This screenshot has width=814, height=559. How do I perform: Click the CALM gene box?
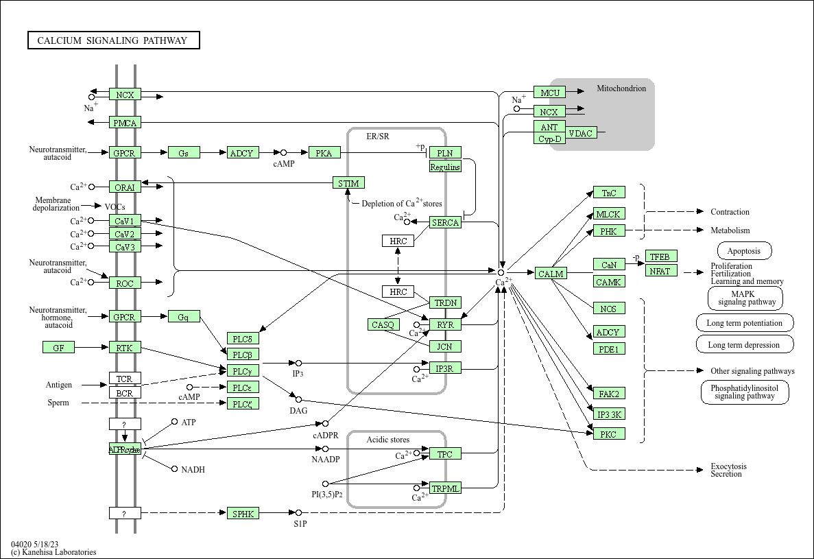pyautogui.click(x=551, y=274)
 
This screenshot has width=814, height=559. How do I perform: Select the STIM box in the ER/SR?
pyautogui.click(x=348, y=182)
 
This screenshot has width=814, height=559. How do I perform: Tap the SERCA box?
pyautogui.click(x=445, y=222)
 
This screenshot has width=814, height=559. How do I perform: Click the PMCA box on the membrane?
pyautogui.click(x=125, y=123)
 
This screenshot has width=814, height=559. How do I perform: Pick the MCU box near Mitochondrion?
pyautogui.click(x=550, y=93)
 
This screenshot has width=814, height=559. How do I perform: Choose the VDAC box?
pyautogui.click(x=581, y=133)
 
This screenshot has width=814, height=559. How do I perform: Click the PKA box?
pyautogui.click(x=324, y=153)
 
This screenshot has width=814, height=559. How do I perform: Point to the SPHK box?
pyautogui.click(x=243, y=512)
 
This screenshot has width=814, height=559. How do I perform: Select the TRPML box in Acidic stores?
pyautogui.click(x=445, y=488)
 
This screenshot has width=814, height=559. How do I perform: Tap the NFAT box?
pyautogui.click(x=661, y=270)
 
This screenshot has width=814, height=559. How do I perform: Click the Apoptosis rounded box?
pyautogui.click(x=744, y=251)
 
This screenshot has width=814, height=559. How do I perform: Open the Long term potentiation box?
pyautogui.click(x=745, y=323)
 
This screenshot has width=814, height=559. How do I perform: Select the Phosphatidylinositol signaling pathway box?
pyautogui.click(x=744, y=392)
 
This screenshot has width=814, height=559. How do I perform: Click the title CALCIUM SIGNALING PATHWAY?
pyautogui.click(x=112, y=40)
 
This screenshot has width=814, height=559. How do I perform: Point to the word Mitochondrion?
pyautogui.click(x=621, y=88)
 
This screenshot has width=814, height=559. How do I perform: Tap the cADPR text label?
pyautogui.click(x=325, y=436)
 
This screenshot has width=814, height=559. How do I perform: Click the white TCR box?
pyautogui.click(x=124, y=379)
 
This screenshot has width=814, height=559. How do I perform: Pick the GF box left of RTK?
pyautogui.click(x=58, y=348)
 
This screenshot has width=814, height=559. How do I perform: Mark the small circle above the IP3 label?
pyautogui.click(x=298, y=363)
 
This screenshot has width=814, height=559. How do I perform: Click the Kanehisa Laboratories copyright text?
pyautogui.click(x=53, y=552)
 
